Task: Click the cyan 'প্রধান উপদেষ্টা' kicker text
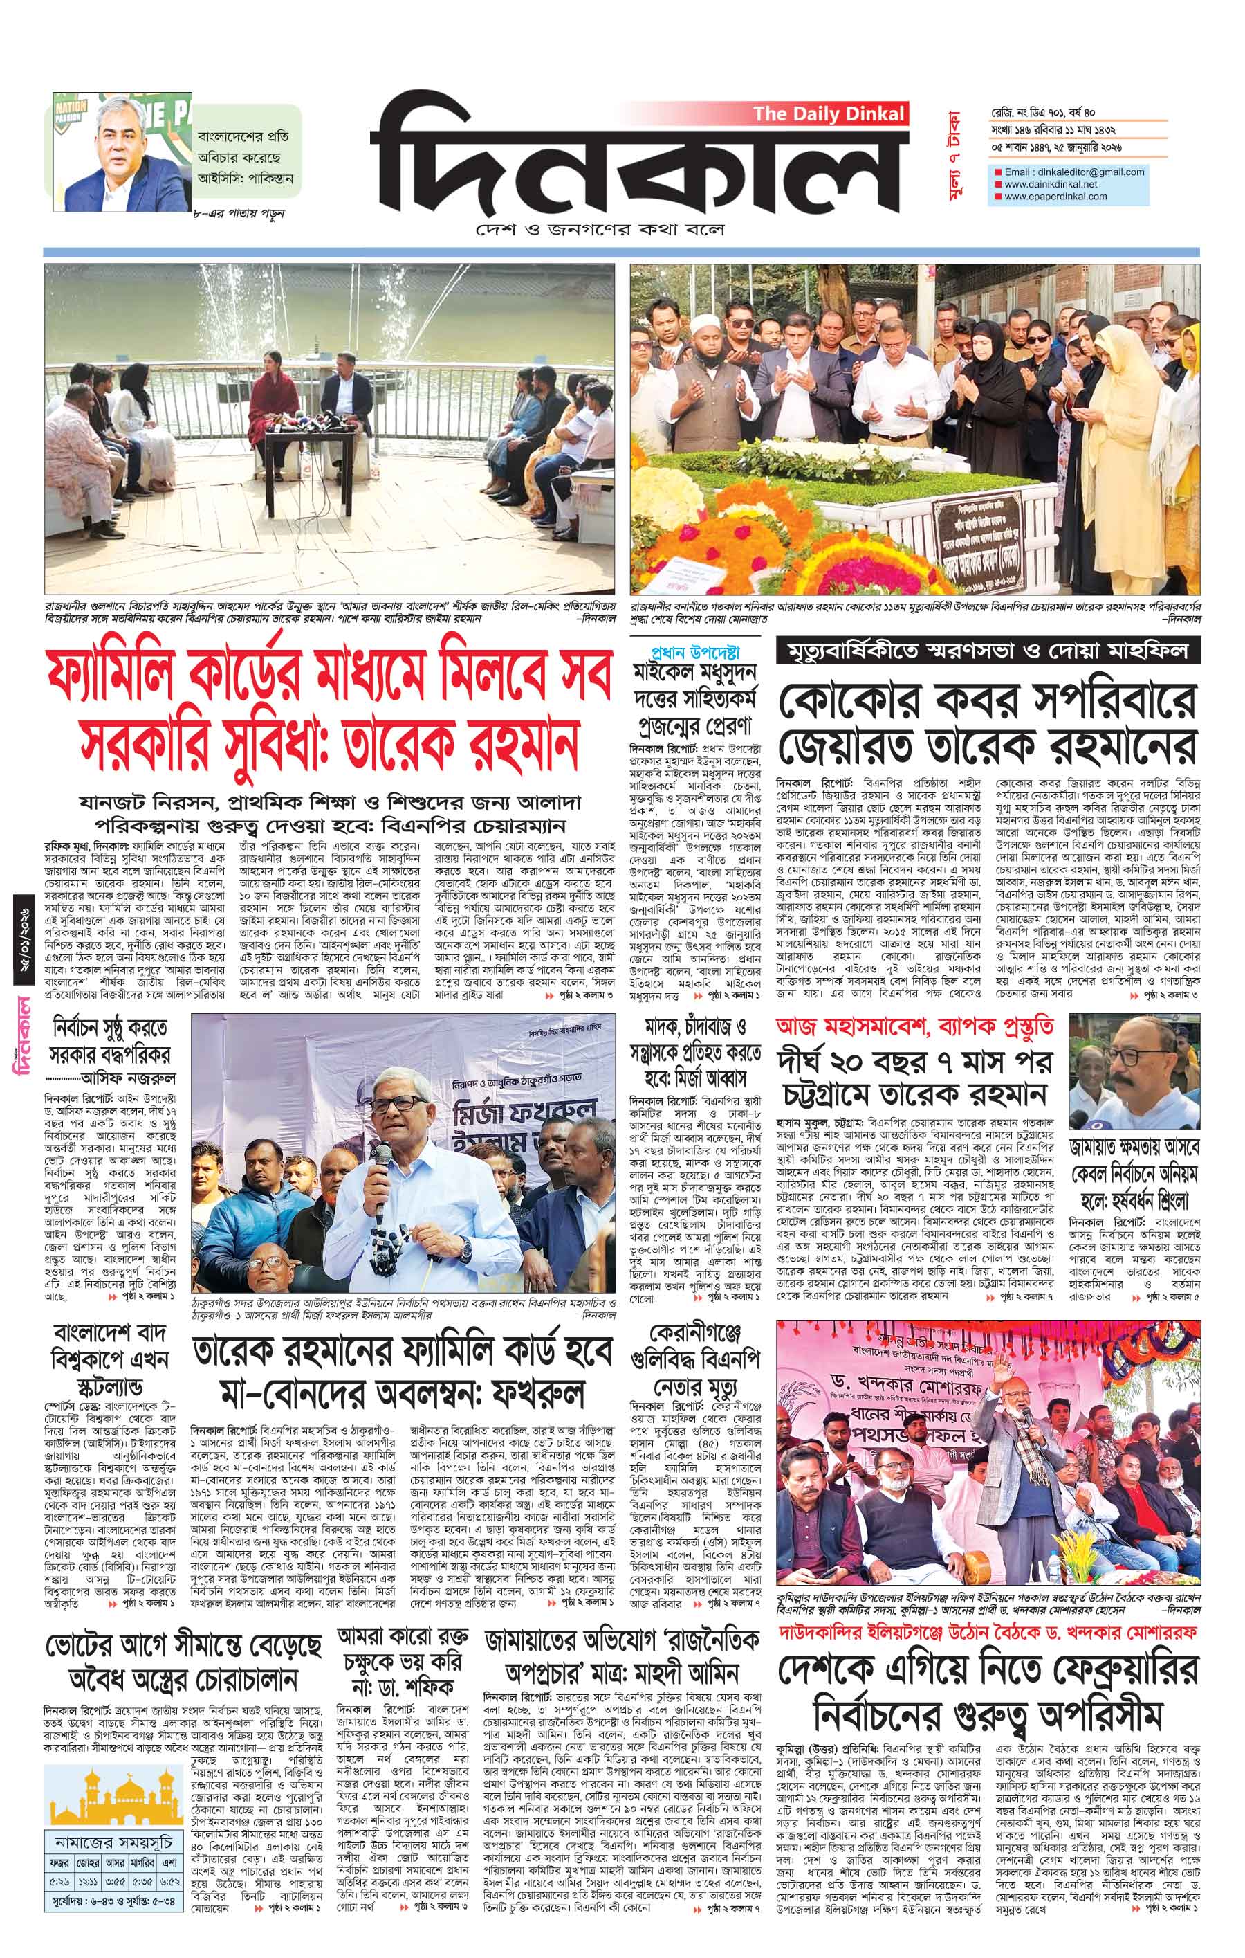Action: pos(695,651)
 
